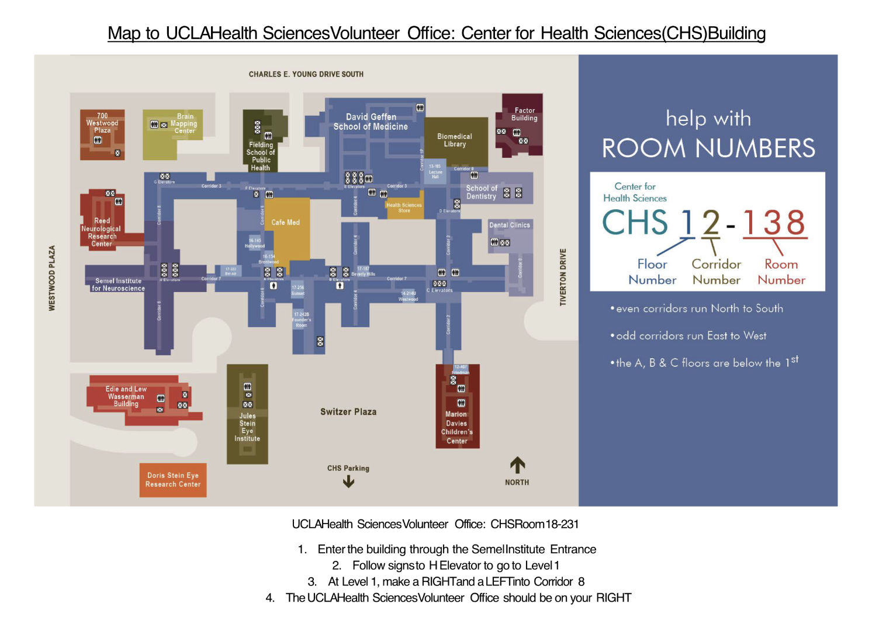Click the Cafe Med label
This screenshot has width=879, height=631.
point(285,223)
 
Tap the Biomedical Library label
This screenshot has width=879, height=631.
point(454,140)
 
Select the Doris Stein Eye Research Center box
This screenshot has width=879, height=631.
point(173,480)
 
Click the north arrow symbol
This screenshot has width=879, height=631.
point(517,466)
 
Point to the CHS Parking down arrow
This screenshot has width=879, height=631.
point(348,481)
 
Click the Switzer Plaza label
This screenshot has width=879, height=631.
point(348,412)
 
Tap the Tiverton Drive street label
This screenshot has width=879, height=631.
point(563,277)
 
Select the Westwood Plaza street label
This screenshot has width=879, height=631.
point(52,278)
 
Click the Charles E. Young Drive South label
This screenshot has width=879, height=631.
point(306,74)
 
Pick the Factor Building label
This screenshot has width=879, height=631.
point(524,114)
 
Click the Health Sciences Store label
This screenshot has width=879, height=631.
point(404,207)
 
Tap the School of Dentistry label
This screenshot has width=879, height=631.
point(481,192)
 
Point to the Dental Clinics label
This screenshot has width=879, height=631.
point(510,225)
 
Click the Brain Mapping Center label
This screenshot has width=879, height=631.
point(184,123)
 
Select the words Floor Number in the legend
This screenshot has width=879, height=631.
point(652,272)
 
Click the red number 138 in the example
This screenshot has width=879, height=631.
point(774,223)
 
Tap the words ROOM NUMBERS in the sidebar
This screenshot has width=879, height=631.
point(708,148)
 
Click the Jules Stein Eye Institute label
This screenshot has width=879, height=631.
point(247,427)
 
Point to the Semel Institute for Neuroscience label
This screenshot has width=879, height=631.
point(119,285)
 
